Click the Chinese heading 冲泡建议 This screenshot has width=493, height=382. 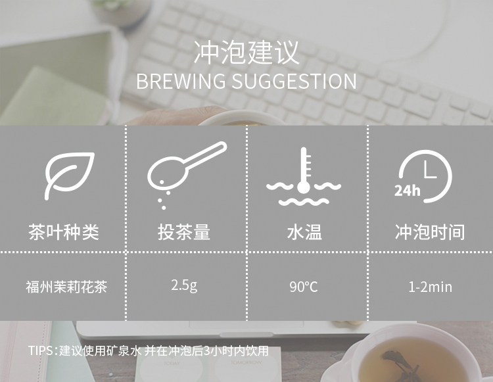click(x=246, y=53)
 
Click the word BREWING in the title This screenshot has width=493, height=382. click(x=181, y=81)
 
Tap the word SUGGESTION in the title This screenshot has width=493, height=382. click(x=294, y=81)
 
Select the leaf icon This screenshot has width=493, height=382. click(x=69, y=176)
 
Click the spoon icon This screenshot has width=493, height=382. click(x=187, y=175)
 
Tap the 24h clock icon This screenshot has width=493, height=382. click(x=423, y=176)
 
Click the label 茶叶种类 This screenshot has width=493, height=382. click(x=64, y=232)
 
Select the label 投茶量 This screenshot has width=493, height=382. click(x=184, y=232)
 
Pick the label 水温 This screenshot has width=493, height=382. click(x=304, y=232)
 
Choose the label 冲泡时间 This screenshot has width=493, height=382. click(x=430, y=232)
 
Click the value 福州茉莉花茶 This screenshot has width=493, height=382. click(x=66, y=287)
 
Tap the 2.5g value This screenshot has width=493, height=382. click(x=185, y=286)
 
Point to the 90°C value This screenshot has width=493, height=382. click(x=304, y=287)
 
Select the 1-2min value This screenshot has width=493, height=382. click(x=430, y=287)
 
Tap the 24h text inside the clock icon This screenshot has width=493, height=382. click(x=407, y=191)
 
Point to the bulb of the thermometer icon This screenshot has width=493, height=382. click(x=304, y=187)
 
